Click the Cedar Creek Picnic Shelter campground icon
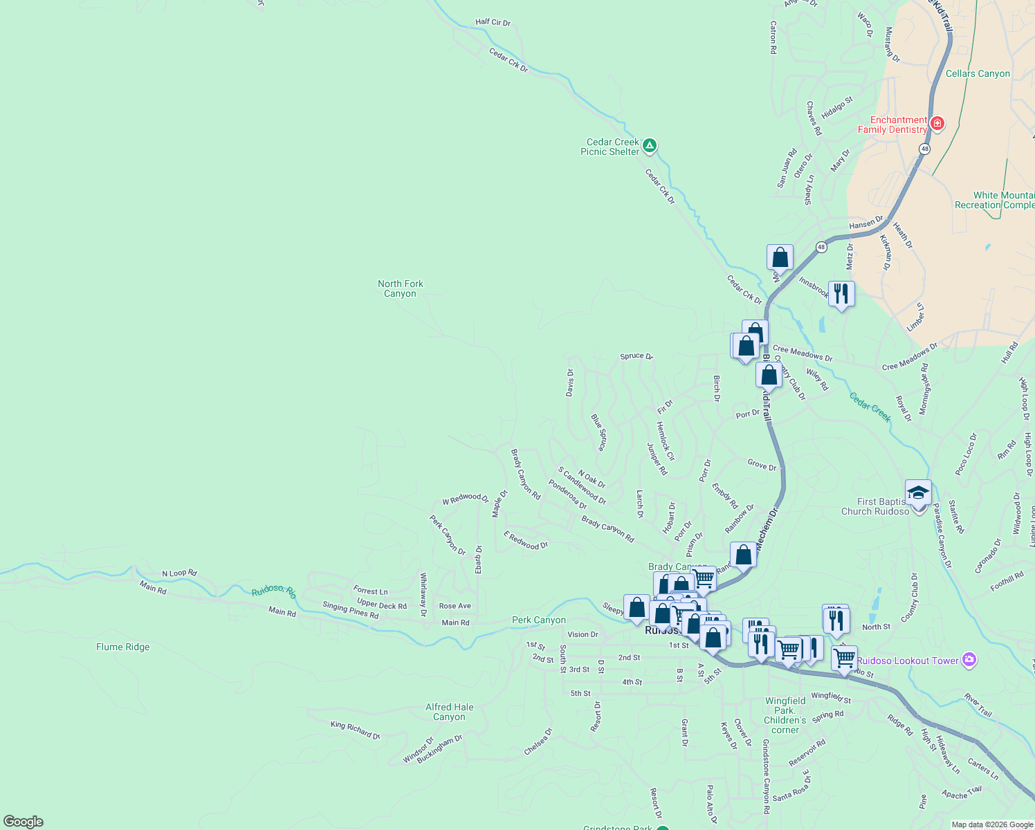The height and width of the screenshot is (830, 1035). pos(649,146)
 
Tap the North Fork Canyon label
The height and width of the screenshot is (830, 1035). pos(401,288)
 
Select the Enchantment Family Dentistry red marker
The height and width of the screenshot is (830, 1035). pos(937,124)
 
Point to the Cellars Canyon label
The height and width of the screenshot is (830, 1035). pos(978,73)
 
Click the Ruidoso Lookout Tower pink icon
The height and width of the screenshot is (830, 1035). pos(970,660)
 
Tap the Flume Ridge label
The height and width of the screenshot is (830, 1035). pos(123,647)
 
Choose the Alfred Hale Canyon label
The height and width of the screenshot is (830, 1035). pos(450,712)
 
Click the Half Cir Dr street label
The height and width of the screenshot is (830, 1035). pos(493,22)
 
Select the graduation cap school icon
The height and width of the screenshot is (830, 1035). pos(918,493)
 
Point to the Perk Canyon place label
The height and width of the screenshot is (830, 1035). pos(539,620)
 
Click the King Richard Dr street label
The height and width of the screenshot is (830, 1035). pos(356,730)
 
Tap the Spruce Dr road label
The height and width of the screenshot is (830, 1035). pos(636,356)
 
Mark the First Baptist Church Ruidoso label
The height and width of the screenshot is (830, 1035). pos(875,506)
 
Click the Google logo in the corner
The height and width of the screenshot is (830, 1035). pos(24,822)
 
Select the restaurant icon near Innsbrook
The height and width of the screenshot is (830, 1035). pos(841,294)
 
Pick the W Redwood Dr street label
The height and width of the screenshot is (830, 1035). pos(466,498)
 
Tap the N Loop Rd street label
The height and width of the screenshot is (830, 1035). pos(180,573)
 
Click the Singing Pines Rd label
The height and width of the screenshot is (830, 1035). pos(351,610)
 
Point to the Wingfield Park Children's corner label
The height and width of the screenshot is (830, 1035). pos(785,715)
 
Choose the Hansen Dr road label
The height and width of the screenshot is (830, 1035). pos(866,223)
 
